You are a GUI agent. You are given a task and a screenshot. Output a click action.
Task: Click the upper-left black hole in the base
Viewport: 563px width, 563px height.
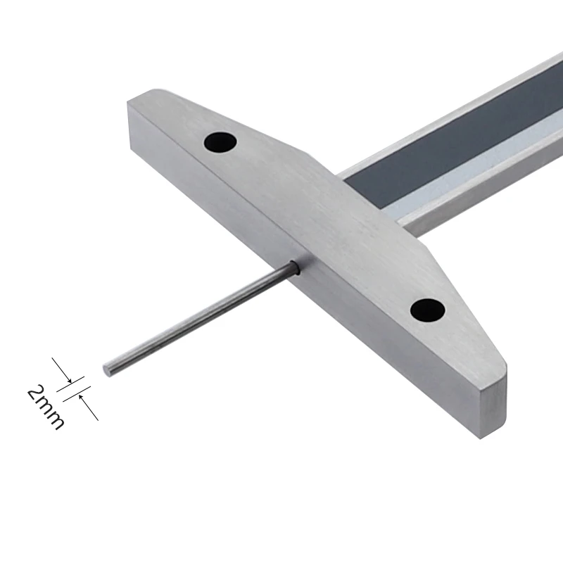(220, 142)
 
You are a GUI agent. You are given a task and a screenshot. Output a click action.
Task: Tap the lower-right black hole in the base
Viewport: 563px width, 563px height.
(428, 310)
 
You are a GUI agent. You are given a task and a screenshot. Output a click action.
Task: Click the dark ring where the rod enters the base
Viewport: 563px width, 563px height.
(294, 267)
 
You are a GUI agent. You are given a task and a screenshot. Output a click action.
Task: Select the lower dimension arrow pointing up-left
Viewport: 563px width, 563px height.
(89, 407)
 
